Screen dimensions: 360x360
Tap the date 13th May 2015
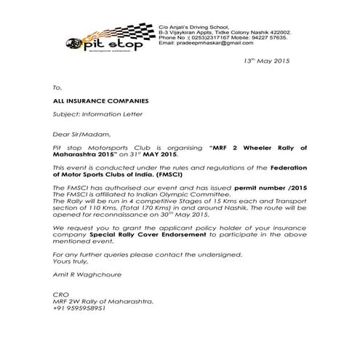click(267, 61)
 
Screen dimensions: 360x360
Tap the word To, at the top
click(58, 87)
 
